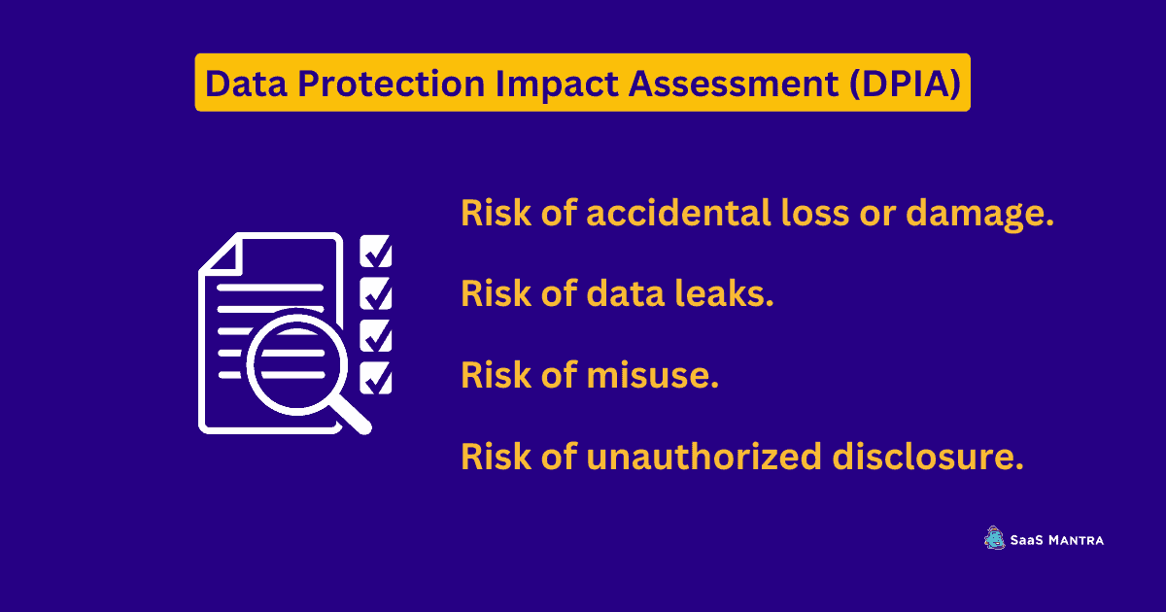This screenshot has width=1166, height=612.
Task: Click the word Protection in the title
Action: (392, 84)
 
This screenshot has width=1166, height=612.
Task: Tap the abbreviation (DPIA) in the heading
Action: (905, 84)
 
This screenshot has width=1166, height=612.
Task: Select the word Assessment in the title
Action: (734, 84)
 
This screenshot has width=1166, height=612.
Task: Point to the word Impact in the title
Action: (557, 85)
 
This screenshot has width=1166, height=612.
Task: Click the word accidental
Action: (679, 213)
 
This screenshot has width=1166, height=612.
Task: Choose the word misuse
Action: (653, 375)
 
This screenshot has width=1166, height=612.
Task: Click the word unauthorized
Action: (703, 456)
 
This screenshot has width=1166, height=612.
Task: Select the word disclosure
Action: (928, 456)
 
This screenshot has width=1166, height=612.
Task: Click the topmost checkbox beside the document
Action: (376, 251)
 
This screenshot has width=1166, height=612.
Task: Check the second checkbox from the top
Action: (376, 293)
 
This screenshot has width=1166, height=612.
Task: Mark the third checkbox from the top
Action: (376, 336)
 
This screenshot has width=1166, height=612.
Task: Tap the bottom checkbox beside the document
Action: (376, 378)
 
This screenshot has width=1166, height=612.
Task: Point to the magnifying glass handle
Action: (352, 415)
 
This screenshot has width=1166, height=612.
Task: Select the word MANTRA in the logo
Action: (1076, 540)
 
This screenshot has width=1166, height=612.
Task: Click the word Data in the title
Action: (246, 84)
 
